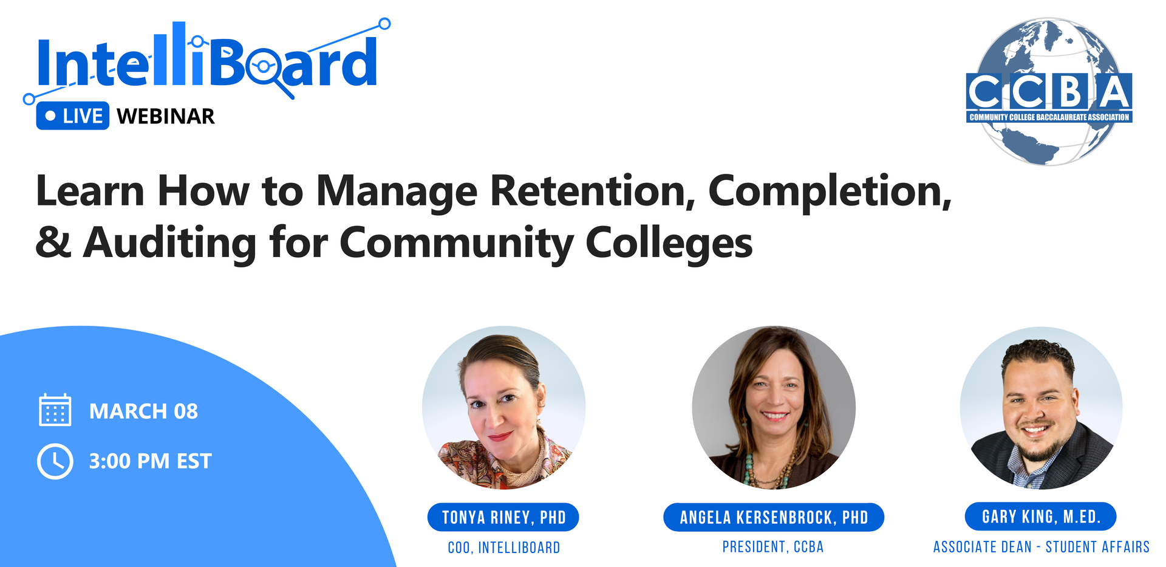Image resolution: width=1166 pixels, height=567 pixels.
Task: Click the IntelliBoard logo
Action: (206, 61)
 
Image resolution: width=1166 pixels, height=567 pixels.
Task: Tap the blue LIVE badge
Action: (73, 115)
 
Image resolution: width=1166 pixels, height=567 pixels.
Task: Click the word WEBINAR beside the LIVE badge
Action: (166, 116)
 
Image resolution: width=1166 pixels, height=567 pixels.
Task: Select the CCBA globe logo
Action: (1049, 91)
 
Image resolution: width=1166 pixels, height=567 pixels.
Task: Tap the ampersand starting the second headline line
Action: (53, 242)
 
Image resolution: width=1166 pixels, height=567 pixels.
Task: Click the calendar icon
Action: (55, 410)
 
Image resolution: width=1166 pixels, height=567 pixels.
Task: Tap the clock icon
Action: (55, 461)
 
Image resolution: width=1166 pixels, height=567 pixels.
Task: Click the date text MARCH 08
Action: (143, 411)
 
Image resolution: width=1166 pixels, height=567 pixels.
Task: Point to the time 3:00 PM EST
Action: (150, 461)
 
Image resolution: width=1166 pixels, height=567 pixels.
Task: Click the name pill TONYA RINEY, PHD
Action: (503, 517)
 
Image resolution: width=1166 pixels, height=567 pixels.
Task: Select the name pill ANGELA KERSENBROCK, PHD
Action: (774, 517)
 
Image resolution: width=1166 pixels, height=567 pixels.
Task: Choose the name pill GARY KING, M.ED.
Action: (1041, 517)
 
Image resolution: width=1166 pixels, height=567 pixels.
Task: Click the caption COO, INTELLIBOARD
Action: (504, 548)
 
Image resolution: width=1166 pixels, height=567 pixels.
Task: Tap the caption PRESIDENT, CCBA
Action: (773, 547)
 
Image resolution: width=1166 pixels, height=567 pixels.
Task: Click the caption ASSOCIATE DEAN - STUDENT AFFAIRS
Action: (1042, 547)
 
